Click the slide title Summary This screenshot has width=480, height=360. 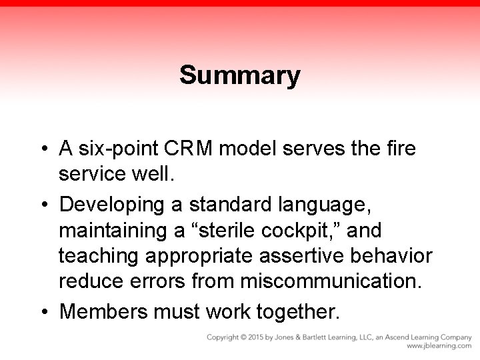[x=239, y=75]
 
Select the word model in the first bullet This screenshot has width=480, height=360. [x=252, y=148]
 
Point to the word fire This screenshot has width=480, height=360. [x=399, y=148]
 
